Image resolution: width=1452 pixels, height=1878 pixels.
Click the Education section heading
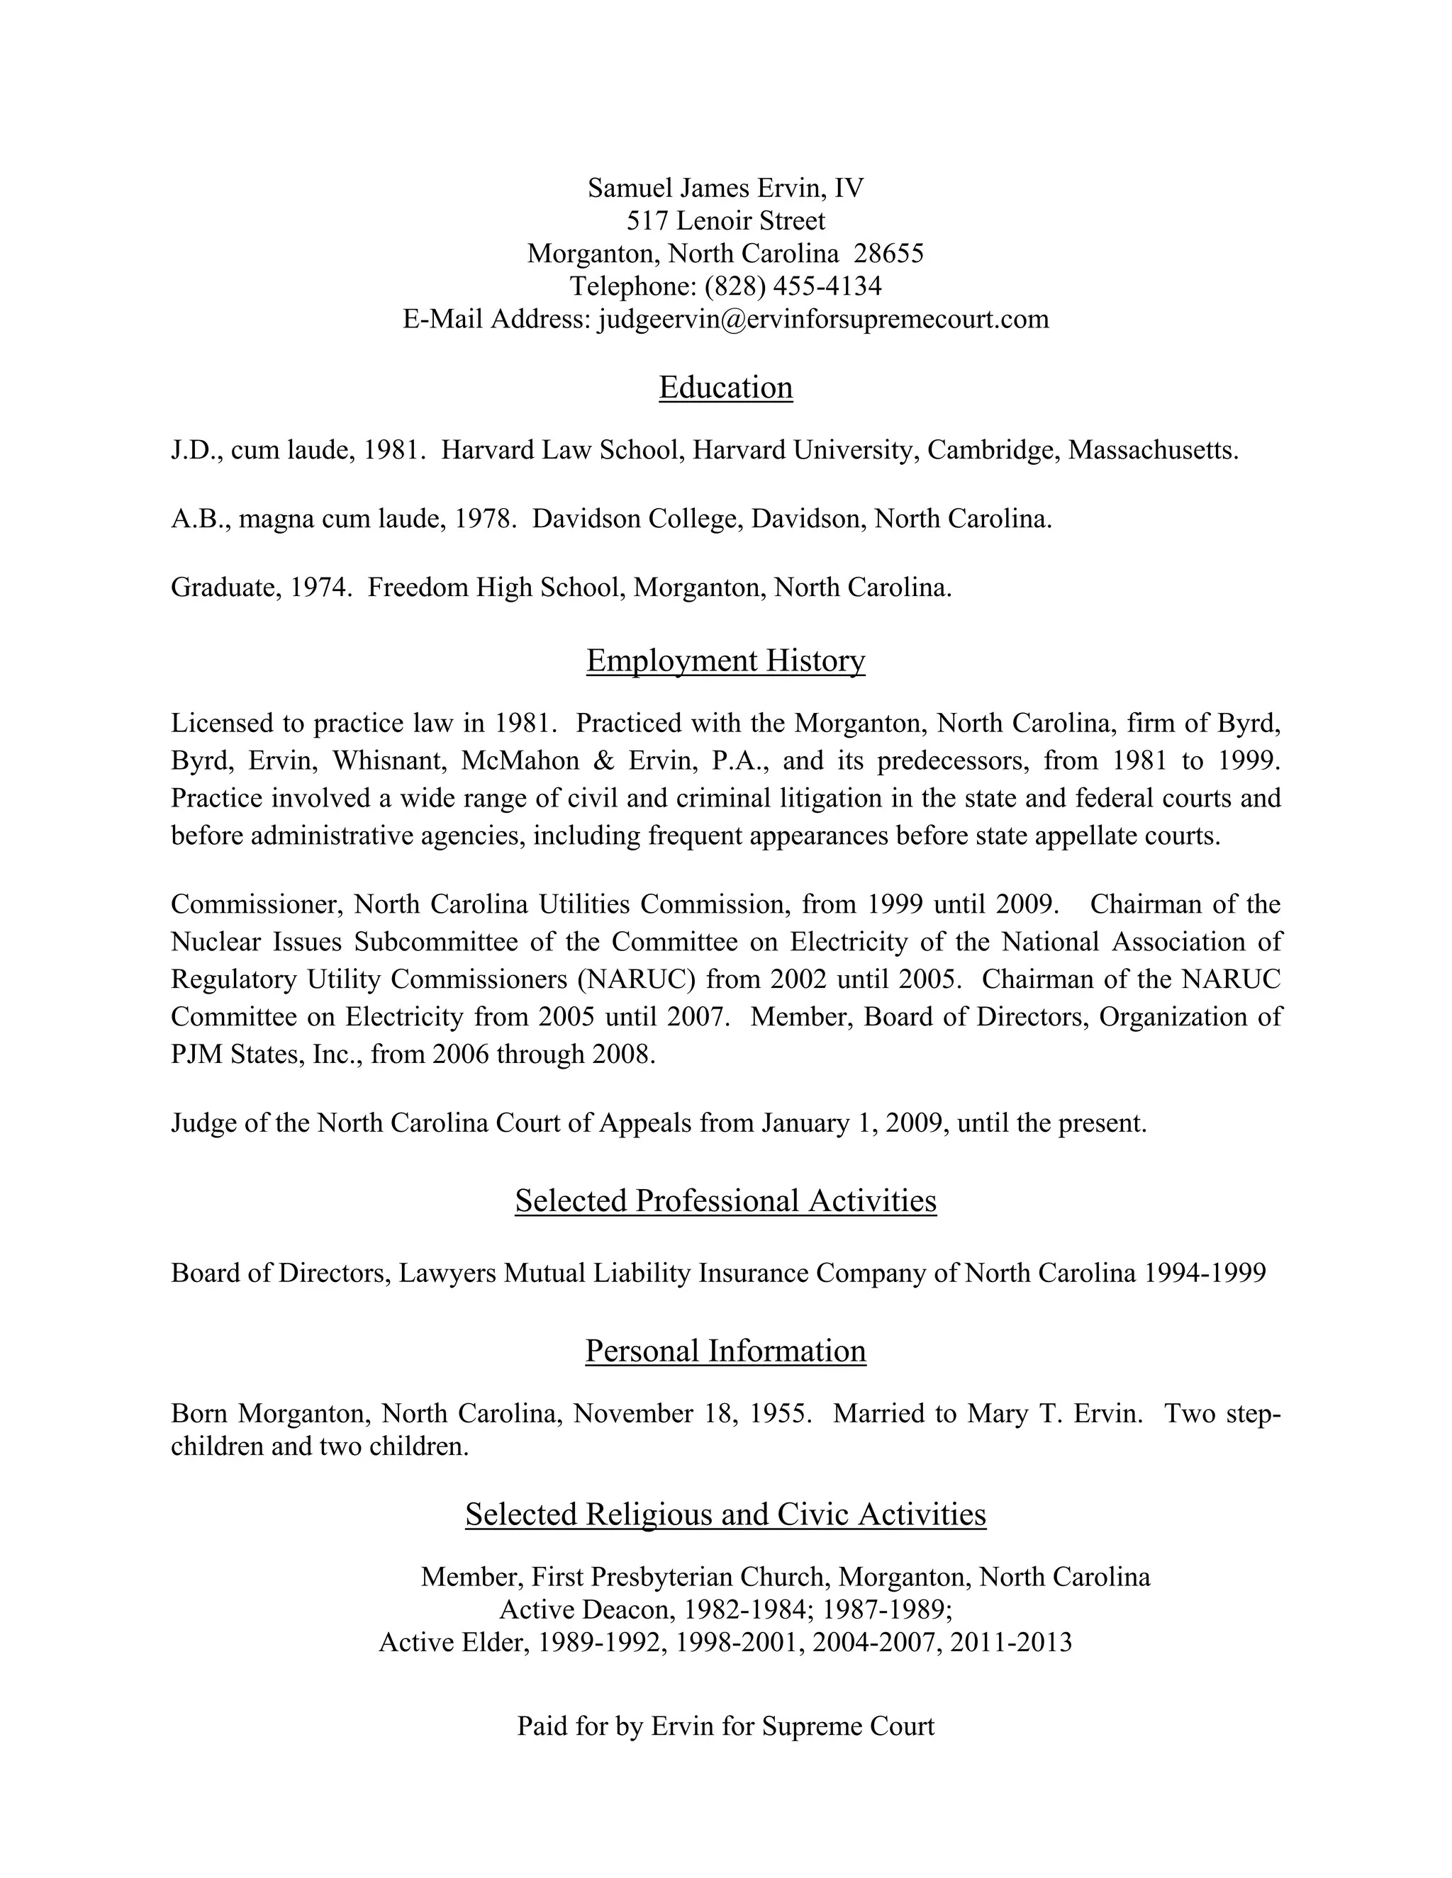tap(725, 388)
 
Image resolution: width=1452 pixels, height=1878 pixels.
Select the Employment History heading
tap(725, 660)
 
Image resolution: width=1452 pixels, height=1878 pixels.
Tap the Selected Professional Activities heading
tap(725, 1201)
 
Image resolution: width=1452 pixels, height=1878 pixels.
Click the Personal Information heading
tap(725, 1351)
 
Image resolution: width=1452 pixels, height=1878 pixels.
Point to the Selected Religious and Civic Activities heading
tap(725, 1514)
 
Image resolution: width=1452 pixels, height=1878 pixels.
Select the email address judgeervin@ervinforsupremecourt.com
tap(823, 319)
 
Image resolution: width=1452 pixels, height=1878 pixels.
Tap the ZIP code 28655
tap(888, 254)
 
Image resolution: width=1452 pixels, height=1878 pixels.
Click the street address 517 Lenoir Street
tap(725, 221)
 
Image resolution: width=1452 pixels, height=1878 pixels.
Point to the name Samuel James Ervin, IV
tap(725, 189)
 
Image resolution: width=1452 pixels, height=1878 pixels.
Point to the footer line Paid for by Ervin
tap(725, 1726)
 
